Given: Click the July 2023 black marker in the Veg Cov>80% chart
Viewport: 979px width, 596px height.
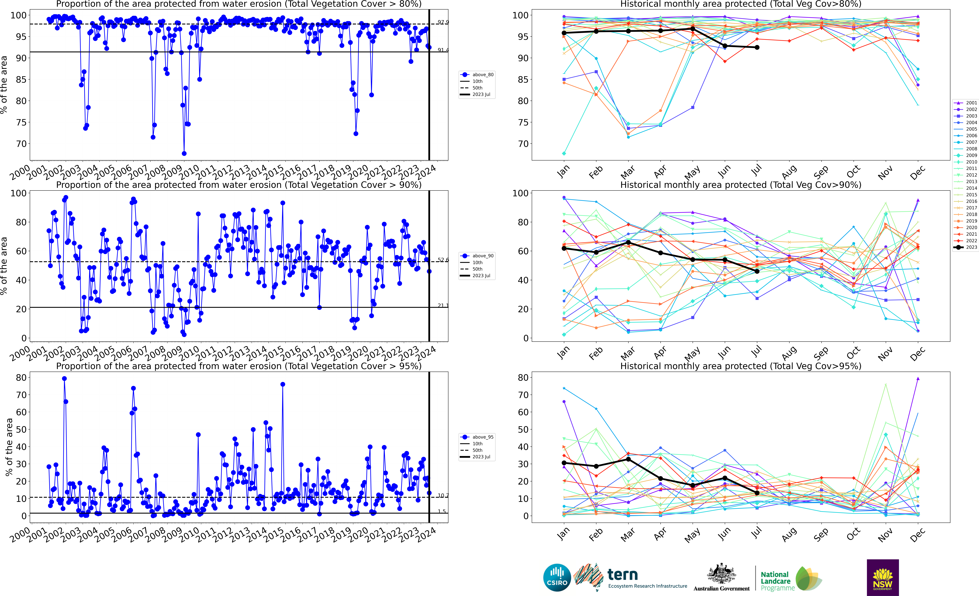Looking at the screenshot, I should click(x=757, y=47).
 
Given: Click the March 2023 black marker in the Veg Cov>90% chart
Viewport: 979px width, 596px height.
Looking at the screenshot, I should click(x=628, y=242).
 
